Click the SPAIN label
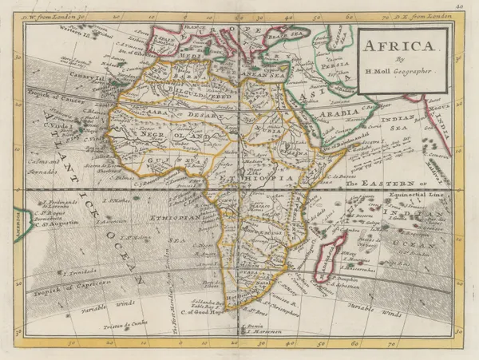coord(165,38)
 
